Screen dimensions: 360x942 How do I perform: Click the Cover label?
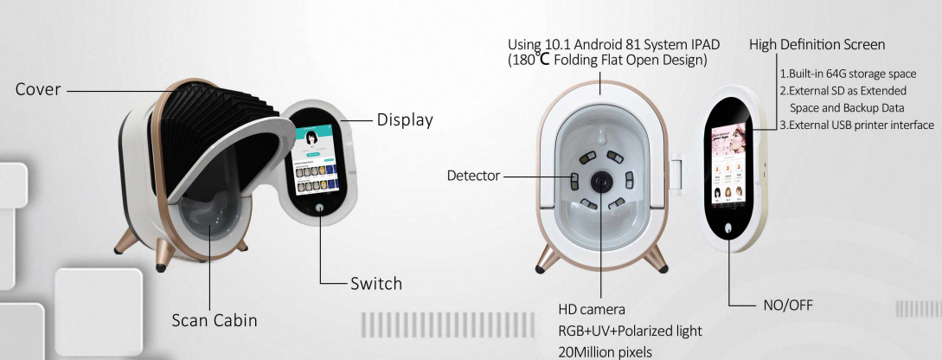pos(37,89)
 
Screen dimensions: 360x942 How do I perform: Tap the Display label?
pos(404,119)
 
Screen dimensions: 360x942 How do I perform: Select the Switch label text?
pos(375,283)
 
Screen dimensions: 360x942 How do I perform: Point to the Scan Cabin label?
pos(214,319)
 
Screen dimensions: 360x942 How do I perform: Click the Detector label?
pos(473,176)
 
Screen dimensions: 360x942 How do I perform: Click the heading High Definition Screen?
pos(817,44)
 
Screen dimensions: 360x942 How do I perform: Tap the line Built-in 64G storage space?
pos(845,73)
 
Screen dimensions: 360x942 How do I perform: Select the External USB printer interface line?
pos(856,125)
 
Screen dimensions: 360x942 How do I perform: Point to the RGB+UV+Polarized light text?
pos(630,330)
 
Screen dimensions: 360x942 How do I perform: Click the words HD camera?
pos(592,309)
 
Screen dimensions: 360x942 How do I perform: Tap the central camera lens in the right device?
pos(600,179)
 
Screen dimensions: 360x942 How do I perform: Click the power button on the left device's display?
pos(320,209)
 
